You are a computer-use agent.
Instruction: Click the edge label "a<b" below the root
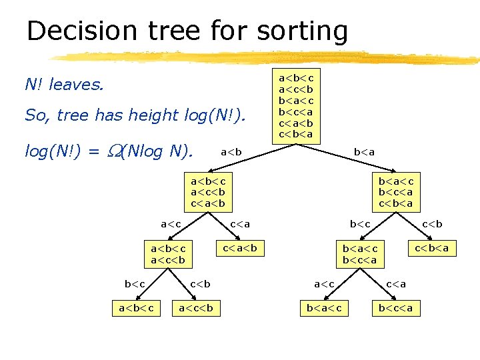click(x=231, y=152)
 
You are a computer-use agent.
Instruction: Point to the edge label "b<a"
click(x=364, y=152)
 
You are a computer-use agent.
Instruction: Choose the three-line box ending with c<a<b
click(x=207, y=192)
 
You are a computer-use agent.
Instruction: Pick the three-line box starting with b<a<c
click(x=396, y=192)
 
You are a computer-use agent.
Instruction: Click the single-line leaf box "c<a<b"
click(x=239, y=249)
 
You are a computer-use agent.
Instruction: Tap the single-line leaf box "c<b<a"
click(x=431, y=249)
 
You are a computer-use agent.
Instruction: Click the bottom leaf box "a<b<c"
click(x=136, y=307)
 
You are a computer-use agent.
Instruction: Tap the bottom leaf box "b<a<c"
click(x=323, y=307)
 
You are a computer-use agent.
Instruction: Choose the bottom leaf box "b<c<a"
click(x=395, y=307)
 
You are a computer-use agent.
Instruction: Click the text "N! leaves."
click(x=64, y=85)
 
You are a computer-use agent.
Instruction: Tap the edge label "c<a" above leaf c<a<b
click(x=240, y=224)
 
